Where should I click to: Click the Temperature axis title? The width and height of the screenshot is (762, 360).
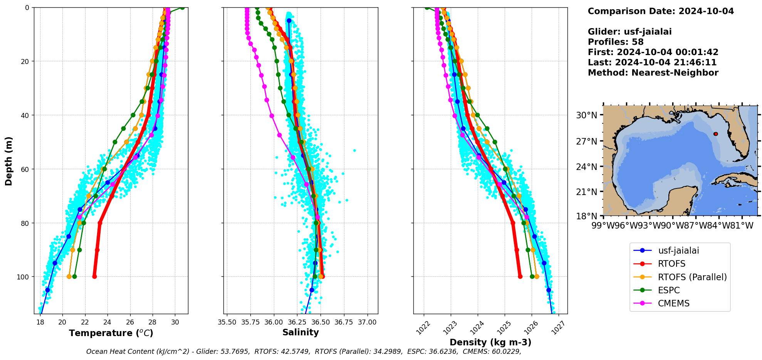[111, 333]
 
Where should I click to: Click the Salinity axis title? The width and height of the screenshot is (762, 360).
[300, 332]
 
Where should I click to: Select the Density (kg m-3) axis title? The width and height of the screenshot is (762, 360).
[490, 342]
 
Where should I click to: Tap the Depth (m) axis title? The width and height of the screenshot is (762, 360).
[8, 161]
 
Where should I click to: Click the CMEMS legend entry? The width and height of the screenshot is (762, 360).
[673, 303]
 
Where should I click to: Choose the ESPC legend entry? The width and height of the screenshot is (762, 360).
[669, 290]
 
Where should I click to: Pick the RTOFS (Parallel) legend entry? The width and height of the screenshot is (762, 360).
[692, 277]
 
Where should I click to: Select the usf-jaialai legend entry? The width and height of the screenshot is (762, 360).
[678, 251]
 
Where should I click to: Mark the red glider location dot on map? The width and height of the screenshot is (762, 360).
[715, 134]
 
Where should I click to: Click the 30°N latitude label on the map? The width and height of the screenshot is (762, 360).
[587, 115]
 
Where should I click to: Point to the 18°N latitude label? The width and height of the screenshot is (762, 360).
[587, 216]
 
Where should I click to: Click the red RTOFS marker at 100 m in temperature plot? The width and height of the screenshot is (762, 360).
[94, 276]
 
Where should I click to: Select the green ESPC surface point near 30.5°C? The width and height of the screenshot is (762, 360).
[182, 8]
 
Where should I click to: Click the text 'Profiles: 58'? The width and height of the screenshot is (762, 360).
[615, 42]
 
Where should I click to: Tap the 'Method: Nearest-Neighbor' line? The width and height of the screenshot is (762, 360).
[653, 73]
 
